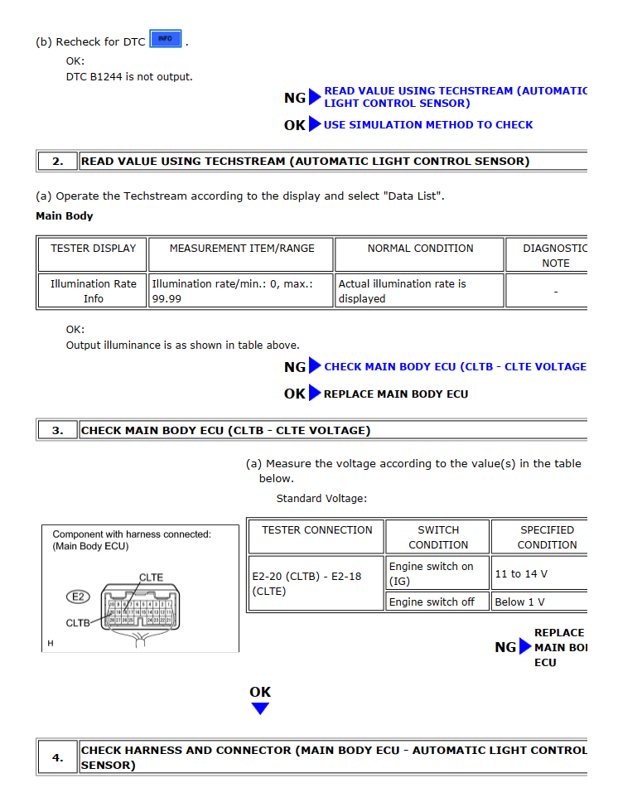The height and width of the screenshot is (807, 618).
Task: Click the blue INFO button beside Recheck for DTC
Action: (166, 39)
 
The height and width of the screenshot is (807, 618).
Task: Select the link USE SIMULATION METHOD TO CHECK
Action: (427, 125)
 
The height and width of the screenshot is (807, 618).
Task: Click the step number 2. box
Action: (57, 162)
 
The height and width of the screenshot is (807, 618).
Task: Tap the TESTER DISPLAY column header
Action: (93, 249)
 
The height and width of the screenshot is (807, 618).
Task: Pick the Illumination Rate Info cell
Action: (93, 291)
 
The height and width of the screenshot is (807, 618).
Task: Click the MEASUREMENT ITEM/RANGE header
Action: (242, 249)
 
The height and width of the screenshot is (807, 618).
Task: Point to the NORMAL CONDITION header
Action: (420, 249)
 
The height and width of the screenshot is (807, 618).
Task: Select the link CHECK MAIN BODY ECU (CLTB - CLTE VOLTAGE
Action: (455, 367)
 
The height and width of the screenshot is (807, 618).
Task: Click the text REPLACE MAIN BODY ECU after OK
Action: (395, 394)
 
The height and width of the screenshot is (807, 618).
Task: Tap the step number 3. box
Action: (57, 431)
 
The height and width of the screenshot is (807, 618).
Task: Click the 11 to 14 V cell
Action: (520, 573)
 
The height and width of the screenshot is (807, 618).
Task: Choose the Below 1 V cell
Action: (519, 602)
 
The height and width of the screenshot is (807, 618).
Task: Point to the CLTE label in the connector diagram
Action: (151, 577)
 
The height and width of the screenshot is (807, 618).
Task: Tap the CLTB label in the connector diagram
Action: (78, 623)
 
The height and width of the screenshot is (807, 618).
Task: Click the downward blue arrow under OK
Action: (260, 708)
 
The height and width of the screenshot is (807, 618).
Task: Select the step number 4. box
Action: (57, 757)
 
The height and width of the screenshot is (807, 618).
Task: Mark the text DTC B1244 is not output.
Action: (129, 77)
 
